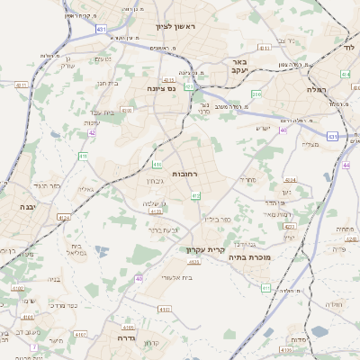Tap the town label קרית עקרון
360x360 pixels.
[202, 249]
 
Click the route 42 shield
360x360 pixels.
[92, 132]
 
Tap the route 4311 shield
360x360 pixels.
[20, 85]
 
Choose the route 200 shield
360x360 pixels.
[256, 94]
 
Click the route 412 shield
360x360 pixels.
[195, 195]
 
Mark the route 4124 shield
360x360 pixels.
[63, 217]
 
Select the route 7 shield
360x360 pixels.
[33, 346]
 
